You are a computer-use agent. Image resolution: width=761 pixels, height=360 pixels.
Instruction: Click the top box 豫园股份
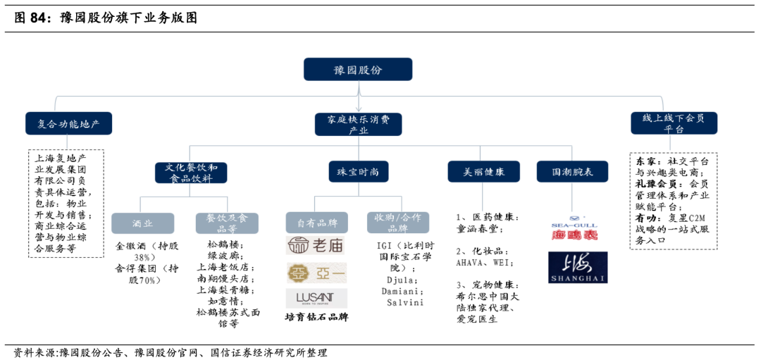pyautogui.click(x=357, y=69)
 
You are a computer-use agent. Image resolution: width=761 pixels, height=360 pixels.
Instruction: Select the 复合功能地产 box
pyautogui.click(x=68, y=123)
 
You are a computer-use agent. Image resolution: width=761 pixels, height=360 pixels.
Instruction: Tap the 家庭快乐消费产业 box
pyautogui.click(x=359, y=124)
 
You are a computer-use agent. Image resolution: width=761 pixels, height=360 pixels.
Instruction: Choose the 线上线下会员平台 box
pyautogui.click(x=674, y=123)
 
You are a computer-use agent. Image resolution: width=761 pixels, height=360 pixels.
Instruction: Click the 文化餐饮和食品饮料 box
pyautogui.click(x=191, y=173)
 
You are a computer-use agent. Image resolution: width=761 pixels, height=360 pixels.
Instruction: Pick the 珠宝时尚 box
pyautogui.click(x=358, y=172)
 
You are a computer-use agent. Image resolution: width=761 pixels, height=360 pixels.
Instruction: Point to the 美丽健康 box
pyautogui.click(x=483, y=172)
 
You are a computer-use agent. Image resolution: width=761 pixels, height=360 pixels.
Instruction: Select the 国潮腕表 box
pyautogui.click(x=571, y=172)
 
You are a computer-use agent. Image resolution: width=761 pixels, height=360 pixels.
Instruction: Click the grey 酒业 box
pyautogui.click(x=142, y=223)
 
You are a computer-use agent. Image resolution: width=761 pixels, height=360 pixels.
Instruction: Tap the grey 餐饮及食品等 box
pyautogui.click(x=227, y=223)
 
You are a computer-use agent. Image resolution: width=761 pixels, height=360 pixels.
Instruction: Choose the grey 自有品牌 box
pyautogui.click(x=316, y=223)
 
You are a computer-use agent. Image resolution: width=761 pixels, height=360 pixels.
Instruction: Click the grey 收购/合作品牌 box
pyautogui.click(x=397, y=223)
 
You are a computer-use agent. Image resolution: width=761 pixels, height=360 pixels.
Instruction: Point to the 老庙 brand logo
pyautogui.click(x=316, y=247)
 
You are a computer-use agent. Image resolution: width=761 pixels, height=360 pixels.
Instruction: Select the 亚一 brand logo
pyautogui.click(x=316, y=273)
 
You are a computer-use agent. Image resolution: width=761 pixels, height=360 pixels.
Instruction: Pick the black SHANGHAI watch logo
pyautogui.click(x=577, y=268)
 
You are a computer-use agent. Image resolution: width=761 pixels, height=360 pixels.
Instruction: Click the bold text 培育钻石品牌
pyautogui.click(x=316, y=317)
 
